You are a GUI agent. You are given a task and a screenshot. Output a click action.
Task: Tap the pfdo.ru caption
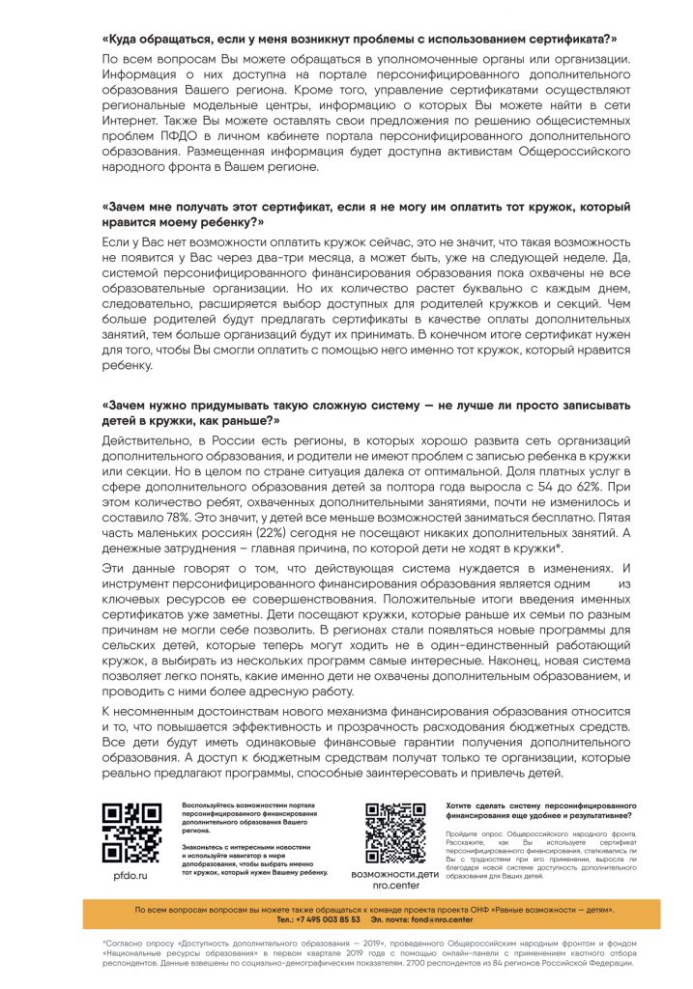[x=130, y=874]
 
